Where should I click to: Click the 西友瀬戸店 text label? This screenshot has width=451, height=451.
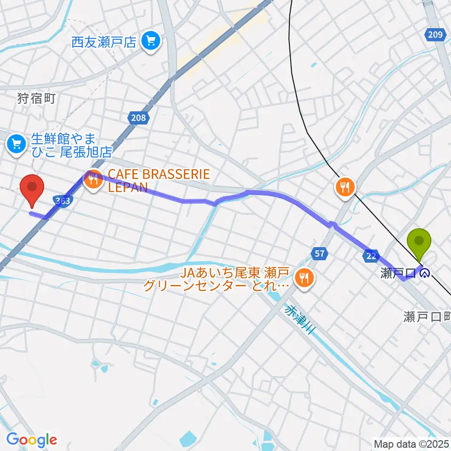pos(104,43)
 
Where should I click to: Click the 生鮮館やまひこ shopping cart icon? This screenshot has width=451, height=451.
pos(17,141)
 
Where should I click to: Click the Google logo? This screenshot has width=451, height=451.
pos(31,440)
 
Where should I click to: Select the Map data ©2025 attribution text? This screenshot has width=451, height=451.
pos(411,443)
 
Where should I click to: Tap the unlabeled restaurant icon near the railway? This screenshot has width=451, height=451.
pos(346,187)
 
